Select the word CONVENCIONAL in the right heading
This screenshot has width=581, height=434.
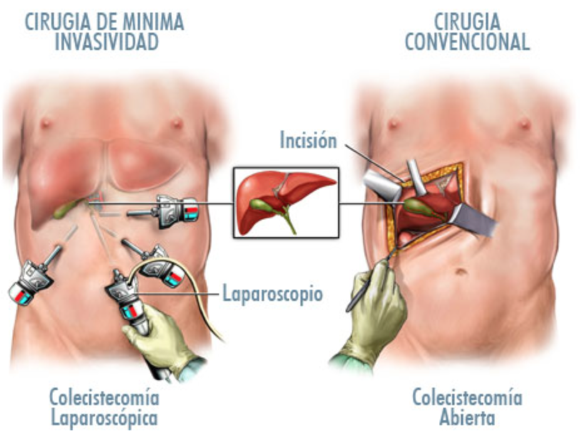467,41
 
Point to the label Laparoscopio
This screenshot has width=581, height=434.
272,293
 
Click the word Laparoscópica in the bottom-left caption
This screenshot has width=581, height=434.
104,416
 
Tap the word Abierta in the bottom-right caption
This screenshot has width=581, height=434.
467,416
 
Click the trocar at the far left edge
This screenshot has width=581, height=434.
28,282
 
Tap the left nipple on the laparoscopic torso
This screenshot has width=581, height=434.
46,122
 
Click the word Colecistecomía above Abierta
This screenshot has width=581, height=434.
467,397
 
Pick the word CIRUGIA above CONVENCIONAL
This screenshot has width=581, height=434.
467,23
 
